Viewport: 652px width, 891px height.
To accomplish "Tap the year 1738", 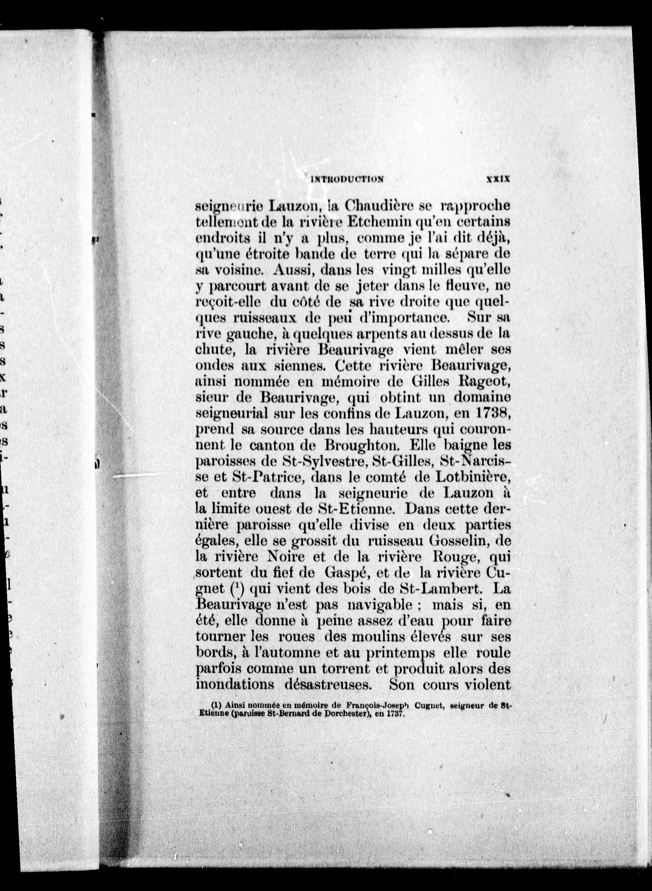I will (x=489, y=414).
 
